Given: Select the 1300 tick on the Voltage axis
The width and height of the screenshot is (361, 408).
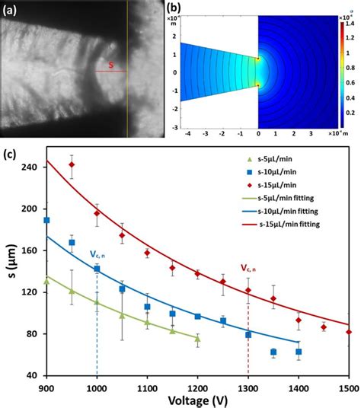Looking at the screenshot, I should [248, 387].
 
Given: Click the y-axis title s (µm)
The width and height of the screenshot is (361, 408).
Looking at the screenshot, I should [9, 270].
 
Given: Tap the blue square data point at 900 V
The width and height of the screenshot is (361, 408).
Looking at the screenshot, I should [46, 220].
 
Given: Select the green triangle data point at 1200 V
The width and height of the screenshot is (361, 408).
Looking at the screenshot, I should [197, 339].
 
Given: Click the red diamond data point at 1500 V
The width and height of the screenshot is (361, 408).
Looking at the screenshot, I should [349, 332].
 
